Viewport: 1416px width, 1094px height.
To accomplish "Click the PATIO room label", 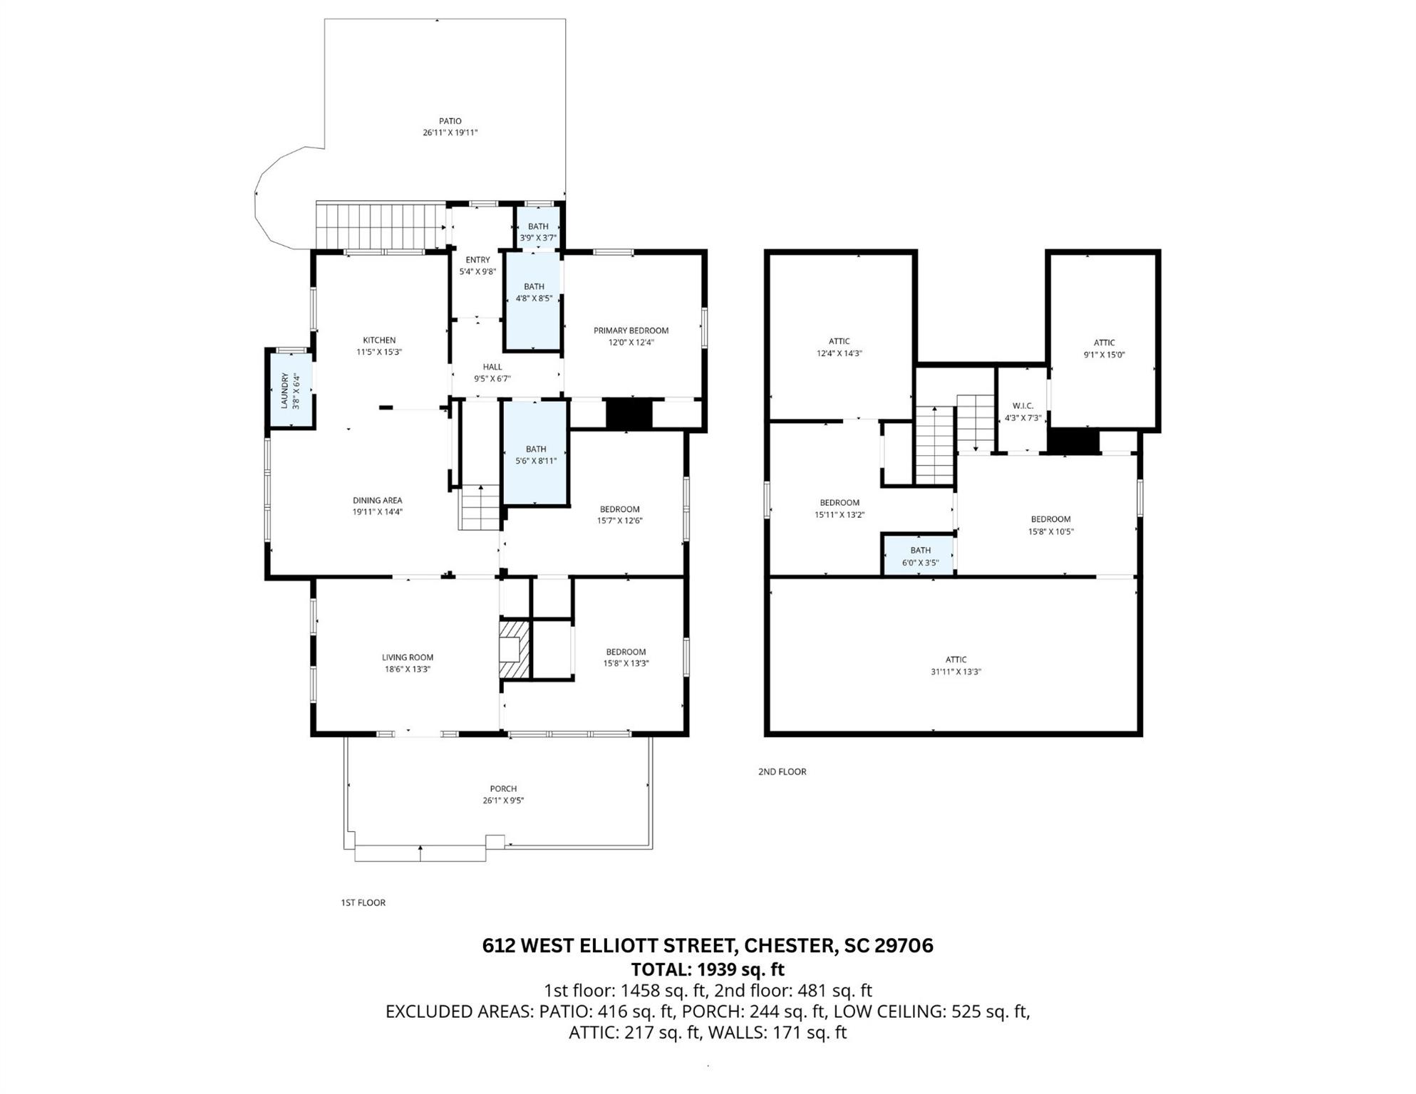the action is pos(450,121).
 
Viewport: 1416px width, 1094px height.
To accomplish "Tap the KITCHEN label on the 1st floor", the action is pos(379,340).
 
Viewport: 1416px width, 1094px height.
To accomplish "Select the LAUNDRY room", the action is pos(290,390).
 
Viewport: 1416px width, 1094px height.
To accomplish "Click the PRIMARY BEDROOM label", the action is pos(631,330).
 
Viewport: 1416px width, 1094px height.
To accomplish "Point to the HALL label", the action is pos(492,368).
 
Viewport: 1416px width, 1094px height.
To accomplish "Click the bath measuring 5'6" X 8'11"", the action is pos(536,454).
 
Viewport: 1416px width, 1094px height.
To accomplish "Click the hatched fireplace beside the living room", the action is pos(515,649).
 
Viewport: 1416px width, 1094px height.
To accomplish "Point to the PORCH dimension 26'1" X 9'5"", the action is pos(503,801).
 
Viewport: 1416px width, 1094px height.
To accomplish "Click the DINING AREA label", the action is pos(378,501).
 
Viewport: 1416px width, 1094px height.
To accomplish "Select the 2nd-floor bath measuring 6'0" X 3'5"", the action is pos(920,555).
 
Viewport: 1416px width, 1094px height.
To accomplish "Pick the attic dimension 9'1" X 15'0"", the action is pos(1105,355).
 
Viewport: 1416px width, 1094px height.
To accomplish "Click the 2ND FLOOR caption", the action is pos(782,771).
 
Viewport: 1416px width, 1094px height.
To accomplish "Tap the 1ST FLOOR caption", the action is pos(363,902).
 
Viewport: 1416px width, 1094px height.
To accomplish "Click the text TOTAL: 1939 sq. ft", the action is pos(708,969).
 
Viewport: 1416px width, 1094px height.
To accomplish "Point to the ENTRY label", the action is pos(477,260).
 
